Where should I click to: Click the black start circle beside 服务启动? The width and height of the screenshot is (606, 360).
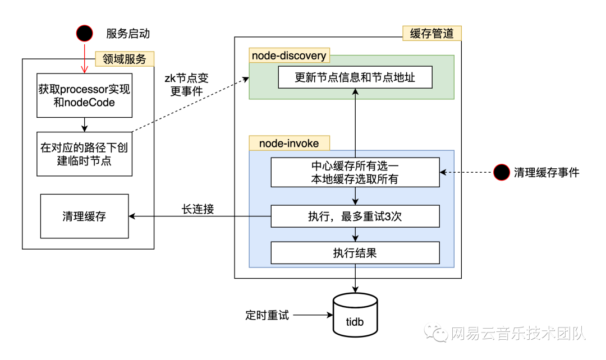[85, 34]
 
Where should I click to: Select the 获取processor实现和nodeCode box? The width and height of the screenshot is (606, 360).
[84, 95]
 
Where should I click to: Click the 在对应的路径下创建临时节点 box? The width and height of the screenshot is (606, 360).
[84, 154]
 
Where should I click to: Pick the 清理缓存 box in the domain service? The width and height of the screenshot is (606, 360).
[84, 216]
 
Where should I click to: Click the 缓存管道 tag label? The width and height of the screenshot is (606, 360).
[431, 33]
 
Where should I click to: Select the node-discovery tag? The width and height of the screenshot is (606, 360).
[289, 56]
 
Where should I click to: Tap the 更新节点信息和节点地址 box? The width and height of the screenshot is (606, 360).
[355, 77]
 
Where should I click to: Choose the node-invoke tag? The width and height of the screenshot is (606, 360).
[289, 144]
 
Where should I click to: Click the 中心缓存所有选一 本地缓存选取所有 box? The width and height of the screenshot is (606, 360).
[355, 173]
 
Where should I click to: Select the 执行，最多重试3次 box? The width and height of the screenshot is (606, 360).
[355, 216]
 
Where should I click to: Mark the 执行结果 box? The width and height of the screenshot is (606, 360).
[355, 253]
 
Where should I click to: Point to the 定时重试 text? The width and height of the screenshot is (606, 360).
[267, 315]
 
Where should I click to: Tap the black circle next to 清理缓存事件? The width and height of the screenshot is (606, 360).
[502, 173]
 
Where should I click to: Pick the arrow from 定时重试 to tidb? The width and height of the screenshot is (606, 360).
[312, 315]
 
